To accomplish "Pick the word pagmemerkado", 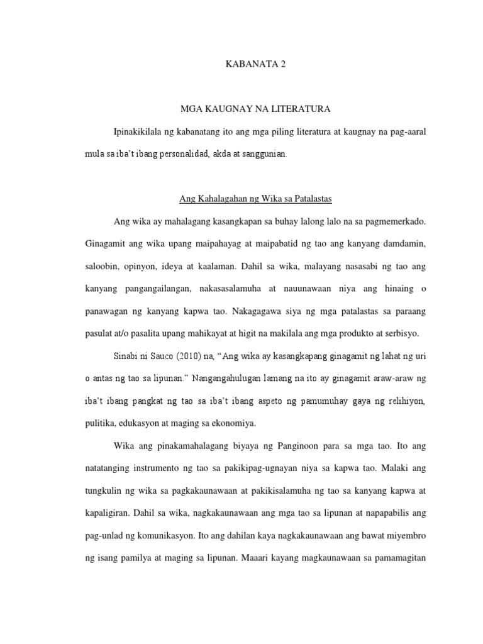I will (x=395, y=222).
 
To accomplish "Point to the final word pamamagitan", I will (x=396, y=558).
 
